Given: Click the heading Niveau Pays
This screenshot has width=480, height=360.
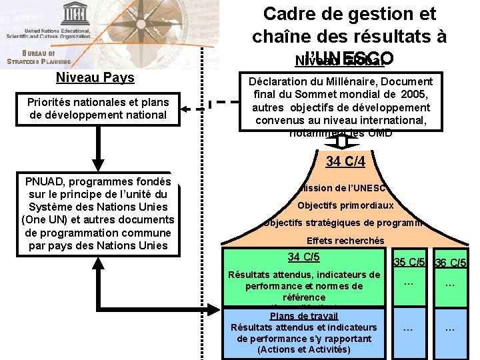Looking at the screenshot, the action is tap(95, 77).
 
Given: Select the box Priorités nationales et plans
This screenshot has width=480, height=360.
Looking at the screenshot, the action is tap(97, 109).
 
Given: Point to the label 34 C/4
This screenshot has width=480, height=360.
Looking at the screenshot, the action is tap(345, 161).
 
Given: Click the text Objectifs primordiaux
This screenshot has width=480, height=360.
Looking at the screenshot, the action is tap(345, 205).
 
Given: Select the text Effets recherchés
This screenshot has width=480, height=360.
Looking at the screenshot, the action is tap(345, 241).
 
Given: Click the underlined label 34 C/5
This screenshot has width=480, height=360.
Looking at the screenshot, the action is tap(303, 257).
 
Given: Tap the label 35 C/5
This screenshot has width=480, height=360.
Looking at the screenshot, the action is tap(410, 263).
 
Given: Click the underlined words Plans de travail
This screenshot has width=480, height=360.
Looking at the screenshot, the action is tap(303, 316).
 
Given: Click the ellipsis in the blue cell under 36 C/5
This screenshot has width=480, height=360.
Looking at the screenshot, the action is tap(450, 328).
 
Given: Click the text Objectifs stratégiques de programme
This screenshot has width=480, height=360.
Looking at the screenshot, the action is tap(345, 223).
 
